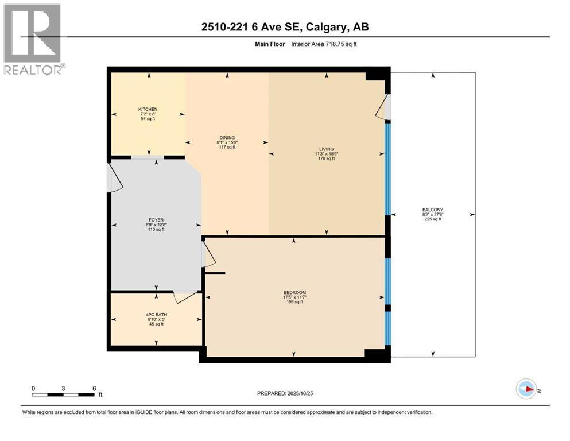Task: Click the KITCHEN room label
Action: point(148,109)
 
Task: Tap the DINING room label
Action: point(227,137)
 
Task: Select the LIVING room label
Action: point(327,149)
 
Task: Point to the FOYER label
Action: point(156,220)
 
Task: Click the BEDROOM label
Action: point(294,292)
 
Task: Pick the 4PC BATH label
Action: point(156,315)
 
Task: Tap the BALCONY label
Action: point(433,210)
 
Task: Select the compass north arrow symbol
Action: point(526,389)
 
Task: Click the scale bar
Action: point(63,395)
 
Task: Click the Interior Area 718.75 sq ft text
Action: point(324,44)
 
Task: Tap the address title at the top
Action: point(285,27)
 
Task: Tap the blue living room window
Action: point(387,169)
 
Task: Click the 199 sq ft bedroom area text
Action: point(294,302)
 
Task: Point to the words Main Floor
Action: point(270,44)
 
